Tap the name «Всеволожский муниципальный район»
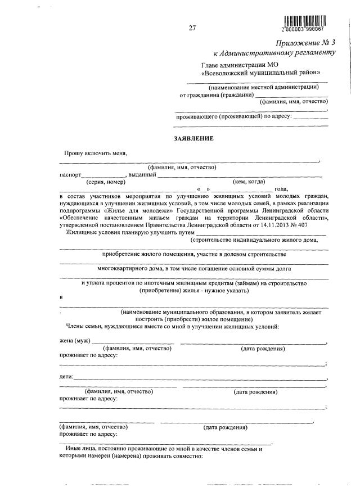tap(262, 73)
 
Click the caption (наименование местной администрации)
tap(264, 87)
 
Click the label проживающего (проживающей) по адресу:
tap(233, 116)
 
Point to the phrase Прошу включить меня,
tap(96, 153)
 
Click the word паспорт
tap(70, 174)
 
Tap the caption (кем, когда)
tap(249, 182)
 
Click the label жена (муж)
tap(75, 341)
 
